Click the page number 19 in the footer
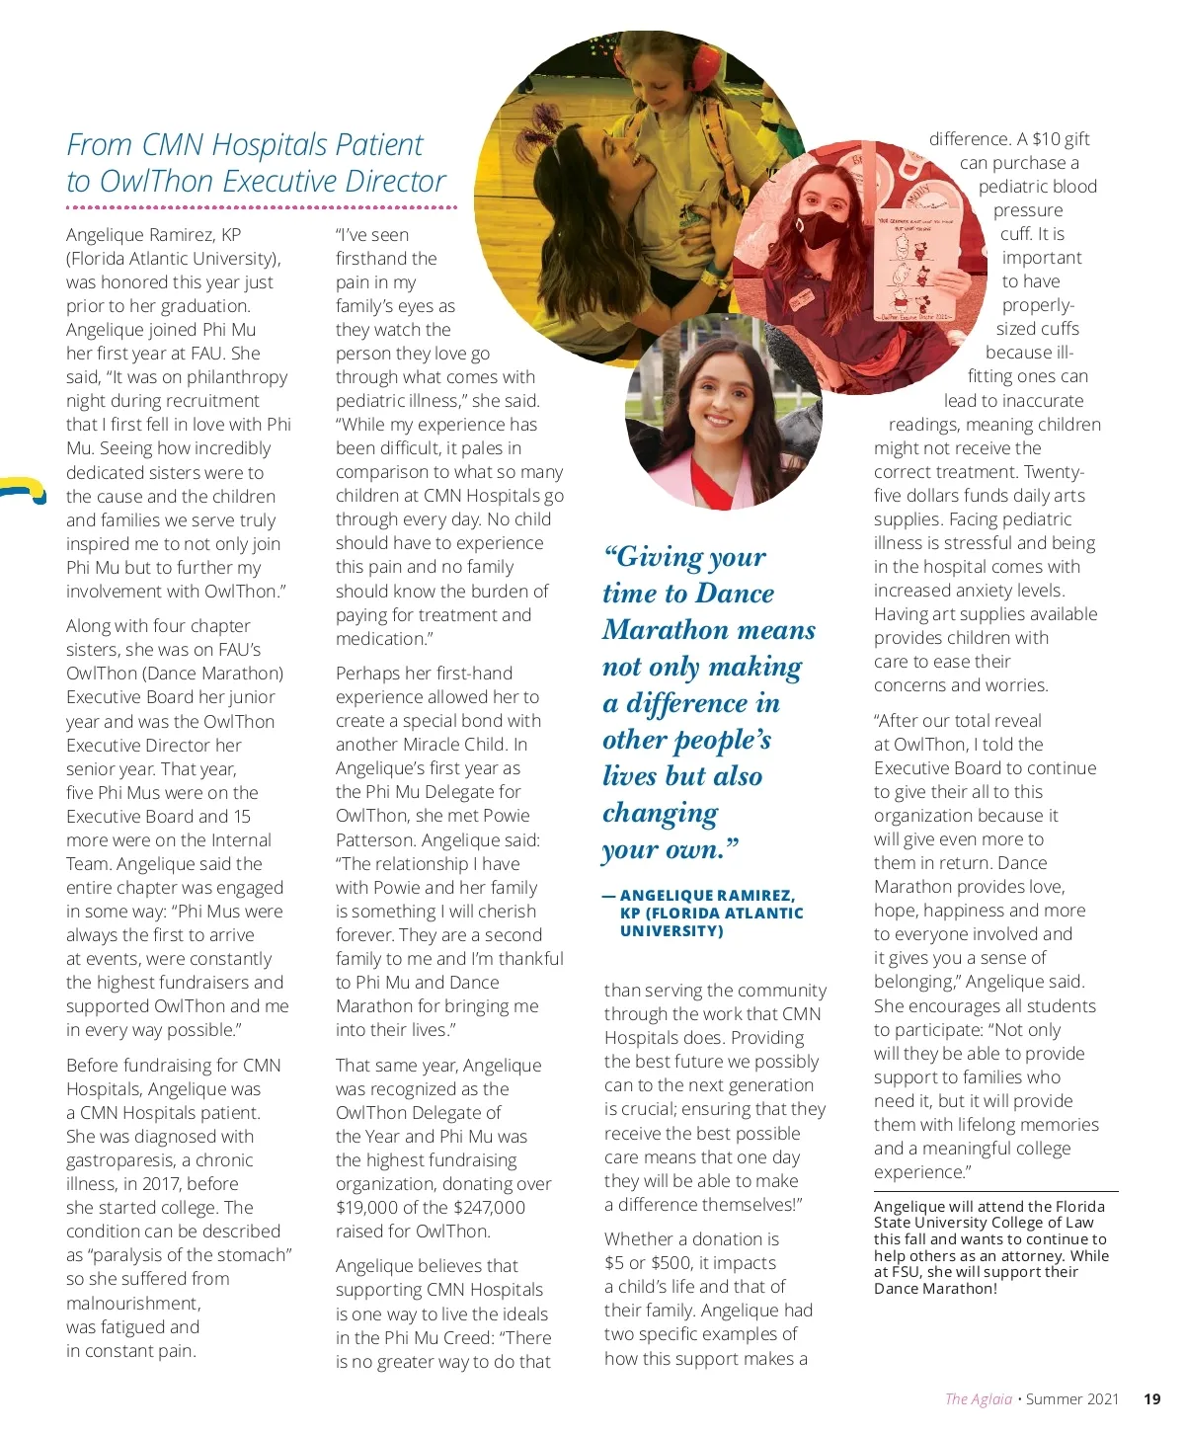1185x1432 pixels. [x=1151, y=1398]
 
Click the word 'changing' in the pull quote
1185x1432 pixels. [x=660, y=814]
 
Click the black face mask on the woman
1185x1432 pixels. [x=821, y=230]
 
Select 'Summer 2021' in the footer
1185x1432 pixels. [x=1072, y=1398]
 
